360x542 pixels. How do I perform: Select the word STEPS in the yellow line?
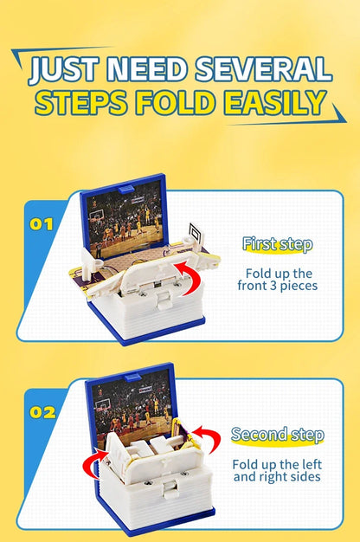pyautogui.click(x=81, y=102)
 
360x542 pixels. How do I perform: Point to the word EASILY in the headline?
pyautogui.click(x=275, y=102)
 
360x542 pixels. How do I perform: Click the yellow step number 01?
pyautogui.click(x=42, y=224)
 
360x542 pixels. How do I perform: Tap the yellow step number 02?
pyautogui.click(x=42, y=412)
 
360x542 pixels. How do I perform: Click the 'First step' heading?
pyautogui.click(x=278, y=244)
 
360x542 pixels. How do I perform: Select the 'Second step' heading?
pyautogui.click(x=277, y=435)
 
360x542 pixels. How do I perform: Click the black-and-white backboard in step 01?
pyautogui.click(x=196, y=233)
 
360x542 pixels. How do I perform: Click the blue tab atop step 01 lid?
pyautogui.click(x=125, y=190)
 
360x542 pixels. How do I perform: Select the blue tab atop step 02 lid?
pyautogui.click(x=132, y=377)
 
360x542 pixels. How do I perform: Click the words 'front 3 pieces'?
pyautogui.click(x=278, y=286)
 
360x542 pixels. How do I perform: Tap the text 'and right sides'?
pyautogui.click(x=277, y=477)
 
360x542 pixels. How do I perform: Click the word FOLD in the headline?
pyautogui.click(x=174, y=102)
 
